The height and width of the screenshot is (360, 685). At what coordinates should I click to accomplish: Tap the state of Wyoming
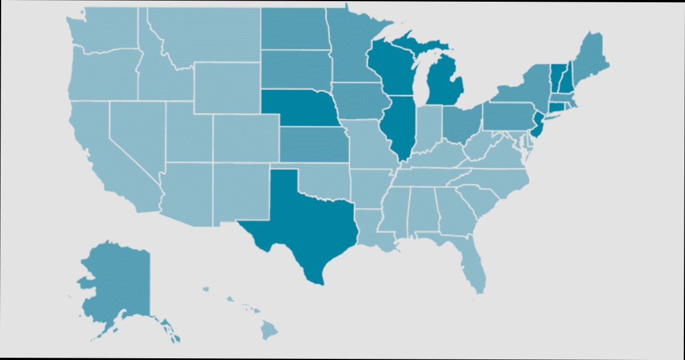(x=227, y=88)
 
